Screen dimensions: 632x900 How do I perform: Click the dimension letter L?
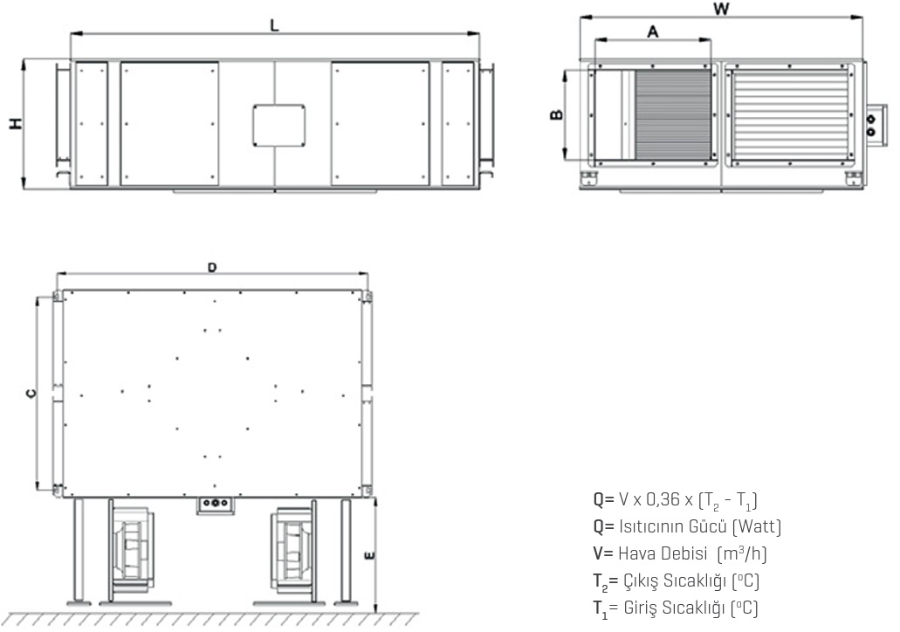pos(274,25)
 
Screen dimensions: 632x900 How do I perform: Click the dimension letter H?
pos(15,124)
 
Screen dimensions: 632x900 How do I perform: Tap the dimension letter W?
pos(720,9)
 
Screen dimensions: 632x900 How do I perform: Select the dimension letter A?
pos(652,31)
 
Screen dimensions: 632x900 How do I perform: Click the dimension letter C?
pos(30,395)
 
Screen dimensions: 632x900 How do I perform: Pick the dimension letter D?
pos(212,268)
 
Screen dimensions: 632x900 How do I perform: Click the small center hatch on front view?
pos(278,125)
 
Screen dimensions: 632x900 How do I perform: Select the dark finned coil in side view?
pos(672,115)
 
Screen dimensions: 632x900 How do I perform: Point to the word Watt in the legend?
pos(756,527)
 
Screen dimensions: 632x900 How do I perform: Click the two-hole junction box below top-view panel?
pos(215,505)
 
